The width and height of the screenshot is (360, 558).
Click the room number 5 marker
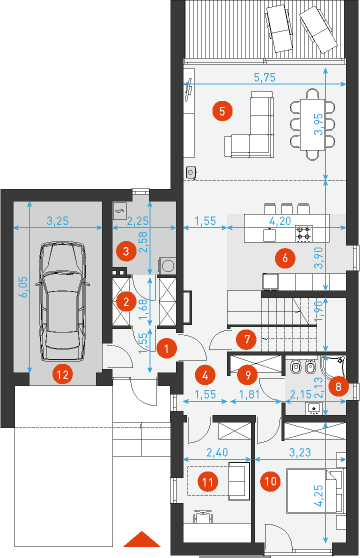pos(222,111)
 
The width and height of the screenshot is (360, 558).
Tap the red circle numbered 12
pos(62,374)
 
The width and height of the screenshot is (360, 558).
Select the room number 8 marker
pos(338,387)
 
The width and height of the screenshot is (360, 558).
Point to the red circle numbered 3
pos(126,251)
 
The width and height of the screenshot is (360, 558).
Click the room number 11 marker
pos(207,482)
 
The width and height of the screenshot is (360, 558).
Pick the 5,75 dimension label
pos(265,77)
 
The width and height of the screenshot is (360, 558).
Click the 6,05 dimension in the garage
pos(23,288)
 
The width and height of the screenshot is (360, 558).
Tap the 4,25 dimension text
pos(319,495)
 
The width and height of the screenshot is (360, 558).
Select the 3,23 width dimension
pos(300,452)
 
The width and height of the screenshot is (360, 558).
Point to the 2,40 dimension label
pos(217,452)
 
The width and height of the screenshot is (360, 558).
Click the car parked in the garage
pos(62,302)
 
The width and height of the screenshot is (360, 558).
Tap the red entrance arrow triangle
pos(142,539)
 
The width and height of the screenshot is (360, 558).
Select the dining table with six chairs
pos(312,124)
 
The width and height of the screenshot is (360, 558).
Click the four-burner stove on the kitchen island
pos(304,233)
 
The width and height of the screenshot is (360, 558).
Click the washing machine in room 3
pos(167,266)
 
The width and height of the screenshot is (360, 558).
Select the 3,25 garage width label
pos(58,221)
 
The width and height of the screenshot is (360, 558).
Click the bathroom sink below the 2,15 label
pos(314,408)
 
